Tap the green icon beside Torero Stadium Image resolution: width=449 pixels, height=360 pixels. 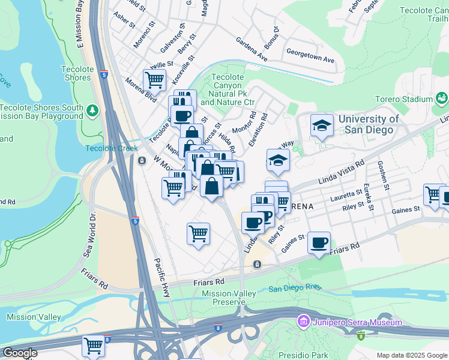coord(442,97)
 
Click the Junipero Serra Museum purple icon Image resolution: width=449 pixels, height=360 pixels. coord(303,323)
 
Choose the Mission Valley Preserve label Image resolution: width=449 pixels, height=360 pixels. coord(229,298)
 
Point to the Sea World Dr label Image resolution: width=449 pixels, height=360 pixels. coord(89,239)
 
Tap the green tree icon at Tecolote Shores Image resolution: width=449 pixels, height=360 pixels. coord(92,110)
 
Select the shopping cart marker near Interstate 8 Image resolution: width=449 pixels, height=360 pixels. coord(94,345)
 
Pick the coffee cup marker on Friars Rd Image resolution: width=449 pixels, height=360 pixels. coord(319,242)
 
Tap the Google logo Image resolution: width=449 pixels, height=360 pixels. coord(20,353)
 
